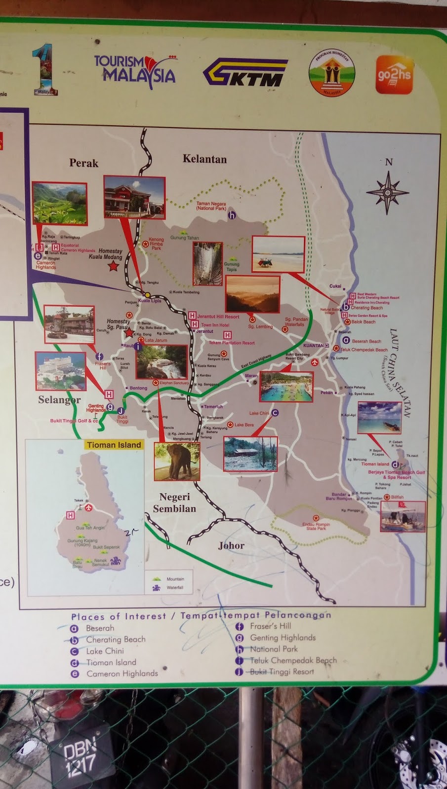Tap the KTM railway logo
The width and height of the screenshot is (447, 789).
(245, 72)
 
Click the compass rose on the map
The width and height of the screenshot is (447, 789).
(388, 192)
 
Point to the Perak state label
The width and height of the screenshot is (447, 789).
(83, 163)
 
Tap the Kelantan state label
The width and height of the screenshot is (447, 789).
(204, 159)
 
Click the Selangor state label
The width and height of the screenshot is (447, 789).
(59, 399)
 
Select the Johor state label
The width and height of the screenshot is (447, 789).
(231, 545)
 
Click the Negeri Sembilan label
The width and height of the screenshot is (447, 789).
(174, 502)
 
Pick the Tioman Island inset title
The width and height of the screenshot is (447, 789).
(114, 445)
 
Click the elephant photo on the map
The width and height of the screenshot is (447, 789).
(177, 461)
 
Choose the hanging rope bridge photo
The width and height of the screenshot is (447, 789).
(207, 264)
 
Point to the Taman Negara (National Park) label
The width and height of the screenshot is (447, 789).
(211, 206)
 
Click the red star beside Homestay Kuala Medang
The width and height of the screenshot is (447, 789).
(113, 267)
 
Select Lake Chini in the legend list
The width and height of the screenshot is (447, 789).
(105, 651)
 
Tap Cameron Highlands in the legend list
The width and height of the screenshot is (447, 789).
(122, 674)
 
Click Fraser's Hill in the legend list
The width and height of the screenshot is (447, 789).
(270, 626)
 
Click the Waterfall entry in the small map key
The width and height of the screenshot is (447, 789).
(175, 588)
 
